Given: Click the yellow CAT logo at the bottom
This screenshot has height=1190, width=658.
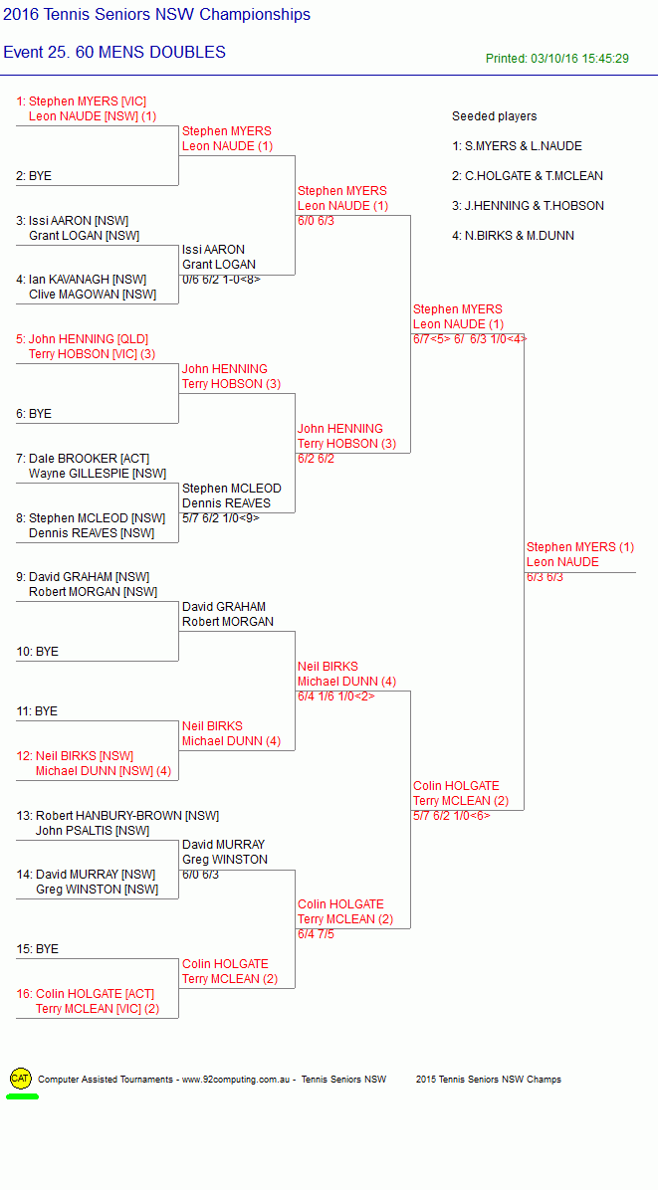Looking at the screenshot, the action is coord(21,1078).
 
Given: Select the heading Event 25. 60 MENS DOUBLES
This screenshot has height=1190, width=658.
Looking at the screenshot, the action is coord(114,53).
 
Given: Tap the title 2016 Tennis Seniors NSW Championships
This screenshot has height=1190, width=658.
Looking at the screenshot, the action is coord(156,14).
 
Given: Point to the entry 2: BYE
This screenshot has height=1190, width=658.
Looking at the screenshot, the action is coord(34,176).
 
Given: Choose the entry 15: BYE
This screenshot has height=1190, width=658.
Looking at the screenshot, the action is coord(37,949).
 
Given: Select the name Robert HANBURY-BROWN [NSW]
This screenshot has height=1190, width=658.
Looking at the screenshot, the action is coord(117,816).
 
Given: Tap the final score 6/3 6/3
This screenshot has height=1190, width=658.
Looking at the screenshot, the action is coord(545,577).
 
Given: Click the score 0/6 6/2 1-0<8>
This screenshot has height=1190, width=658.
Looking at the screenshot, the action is coord(222,280).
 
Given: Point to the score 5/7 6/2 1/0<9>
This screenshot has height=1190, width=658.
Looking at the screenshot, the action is coord(221,517).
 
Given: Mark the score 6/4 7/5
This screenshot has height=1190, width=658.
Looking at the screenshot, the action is coord(316,934).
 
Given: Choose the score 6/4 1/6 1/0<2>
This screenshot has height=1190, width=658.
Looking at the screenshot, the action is coord(336,695).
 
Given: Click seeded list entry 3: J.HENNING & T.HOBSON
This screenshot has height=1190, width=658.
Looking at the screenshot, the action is coord(529,206).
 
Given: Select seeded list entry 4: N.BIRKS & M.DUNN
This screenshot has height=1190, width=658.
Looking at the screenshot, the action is coord(513,235).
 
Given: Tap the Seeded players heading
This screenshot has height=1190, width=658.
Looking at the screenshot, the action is coord(494,116).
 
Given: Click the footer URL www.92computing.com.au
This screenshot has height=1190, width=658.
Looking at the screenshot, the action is coord(237,1080).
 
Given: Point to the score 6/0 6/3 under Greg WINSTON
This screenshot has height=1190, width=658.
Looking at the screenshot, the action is coord(201,875).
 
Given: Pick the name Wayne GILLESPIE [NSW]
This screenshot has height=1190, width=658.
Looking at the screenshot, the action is coord(98,474).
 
